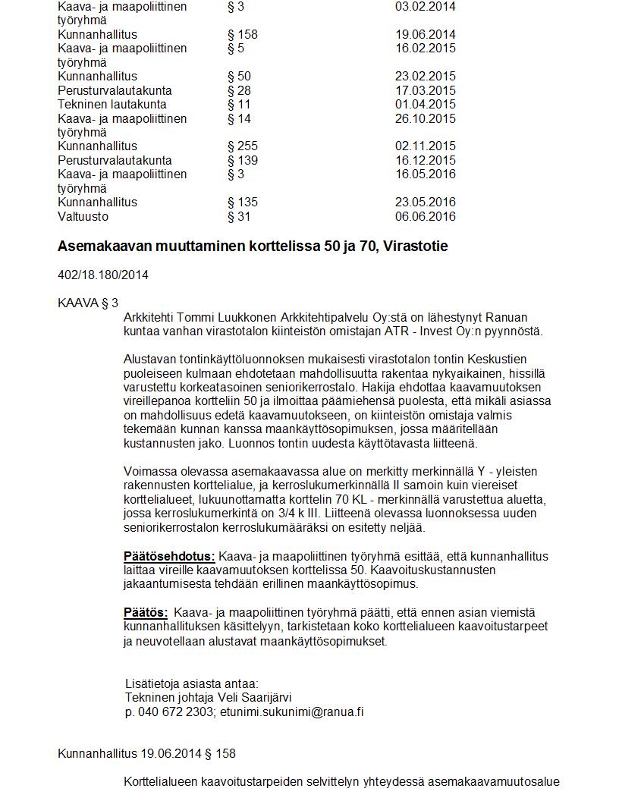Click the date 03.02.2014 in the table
426,6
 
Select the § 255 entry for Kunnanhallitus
243,146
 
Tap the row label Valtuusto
83,216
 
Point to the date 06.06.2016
426,216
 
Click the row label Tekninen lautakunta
112,104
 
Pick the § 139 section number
243,160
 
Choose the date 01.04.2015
426,104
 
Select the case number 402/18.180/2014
103,275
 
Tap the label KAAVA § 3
88,303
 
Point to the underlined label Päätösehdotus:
169,556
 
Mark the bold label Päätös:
146,612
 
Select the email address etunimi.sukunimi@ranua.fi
292,711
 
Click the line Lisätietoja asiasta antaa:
192,683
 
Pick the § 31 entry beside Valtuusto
239,216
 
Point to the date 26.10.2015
426,118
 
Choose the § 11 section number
239,104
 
